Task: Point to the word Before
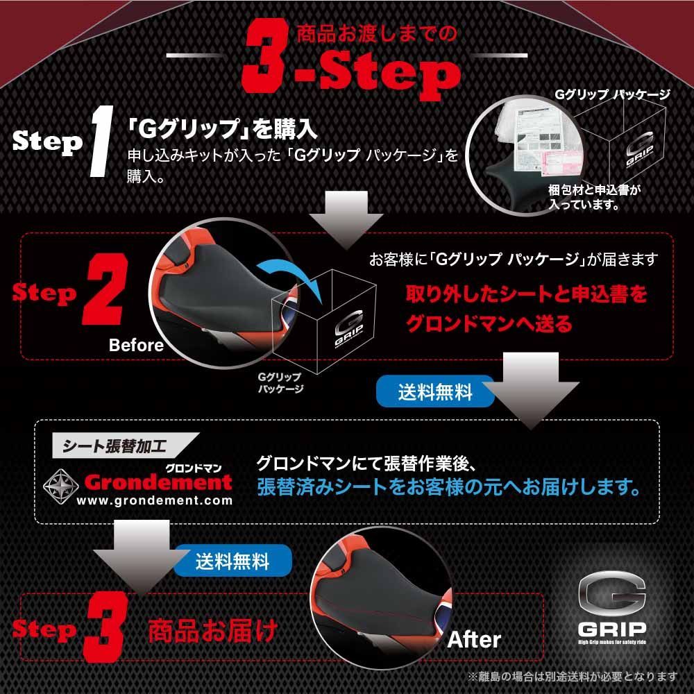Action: pos(136,345)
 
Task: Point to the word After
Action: pos(473,639)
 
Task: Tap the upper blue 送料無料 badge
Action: pos(435,392)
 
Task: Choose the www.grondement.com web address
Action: pos(154,500)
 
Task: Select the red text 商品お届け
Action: pos(212,631)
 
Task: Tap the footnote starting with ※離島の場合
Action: pos(573,676)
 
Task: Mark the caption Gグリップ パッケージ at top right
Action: pos(613,95)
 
